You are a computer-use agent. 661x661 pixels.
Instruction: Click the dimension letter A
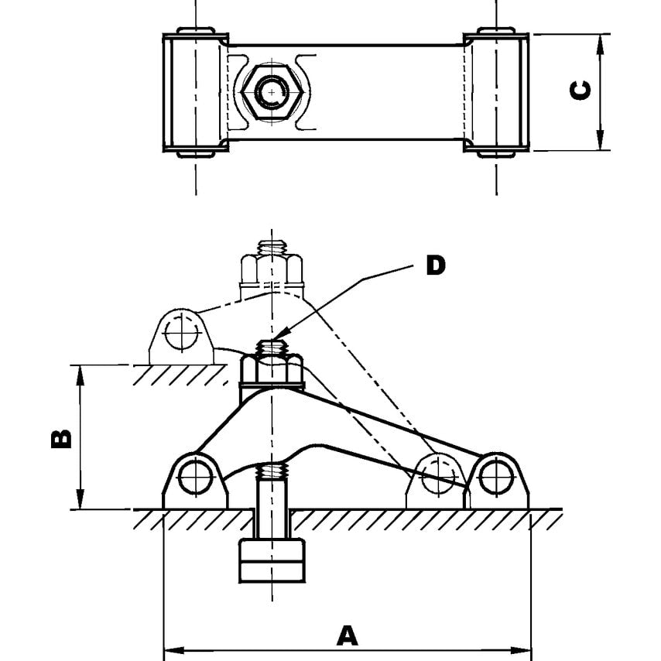pyautogui.click(x=348, y=635)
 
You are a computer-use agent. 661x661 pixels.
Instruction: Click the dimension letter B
pyautogui.click(x=61, y=438)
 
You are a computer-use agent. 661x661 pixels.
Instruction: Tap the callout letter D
pyautogui.click(x=436, y=265)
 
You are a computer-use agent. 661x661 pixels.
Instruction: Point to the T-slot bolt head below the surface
pyautogui.click(x=271, y=560)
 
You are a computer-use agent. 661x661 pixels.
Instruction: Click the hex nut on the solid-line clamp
pyautogui.click(x=271, y=369)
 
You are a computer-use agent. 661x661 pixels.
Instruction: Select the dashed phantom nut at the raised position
pyautogui.click(x=271, y=269)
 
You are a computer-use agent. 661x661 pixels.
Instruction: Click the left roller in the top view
pyautogui.click(x=195, y=92)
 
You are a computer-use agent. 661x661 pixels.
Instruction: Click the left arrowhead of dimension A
pyautogui.click(x=169, y=648)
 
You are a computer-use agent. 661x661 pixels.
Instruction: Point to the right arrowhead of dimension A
pyautogui.click(x=526, y=648)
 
